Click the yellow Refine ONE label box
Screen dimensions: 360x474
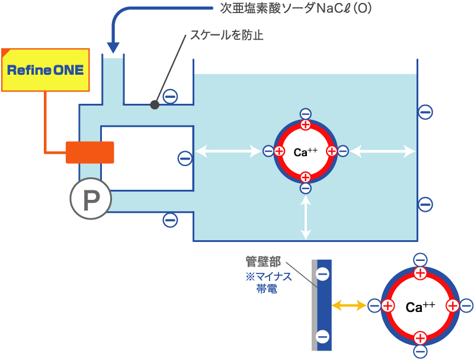tap(45, 70)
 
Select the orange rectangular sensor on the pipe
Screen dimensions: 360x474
tap(90, 152)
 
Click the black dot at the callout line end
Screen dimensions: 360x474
tap(155, 105)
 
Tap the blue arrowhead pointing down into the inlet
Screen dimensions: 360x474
tap(113, 47)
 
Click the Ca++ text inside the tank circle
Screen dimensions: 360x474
tap(306, 152)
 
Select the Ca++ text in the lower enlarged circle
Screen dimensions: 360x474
tap(420, 307)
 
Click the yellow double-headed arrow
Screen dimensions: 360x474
tap(348, 305)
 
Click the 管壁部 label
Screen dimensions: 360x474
tap(263, 262)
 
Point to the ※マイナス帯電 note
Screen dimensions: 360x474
tap(263, 283)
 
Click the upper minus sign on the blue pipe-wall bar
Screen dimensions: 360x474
tap(323, 275)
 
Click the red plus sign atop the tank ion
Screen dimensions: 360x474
tap(305, 125)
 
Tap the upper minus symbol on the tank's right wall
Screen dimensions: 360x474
tap(425, 111)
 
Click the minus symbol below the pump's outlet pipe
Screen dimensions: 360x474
tap(170, 219)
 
